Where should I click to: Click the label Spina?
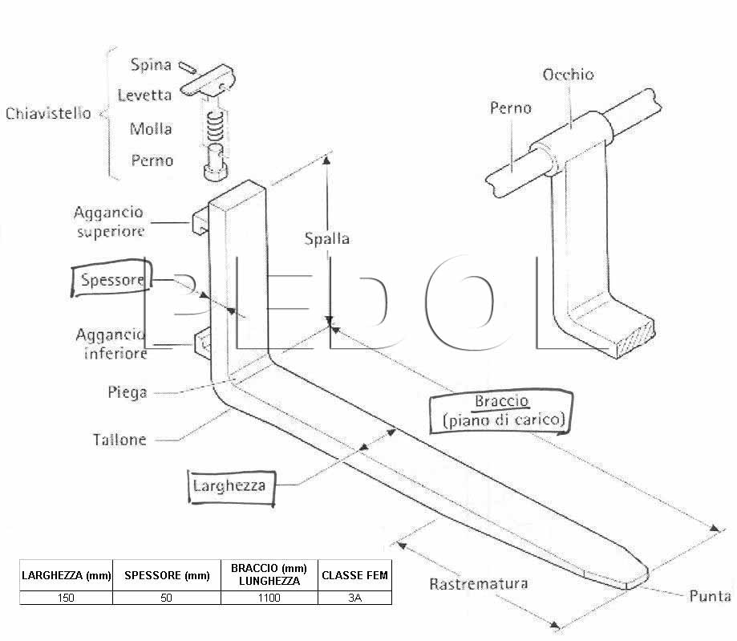click(x=151, y=64)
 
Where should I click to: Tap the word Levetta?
click(x=144, y=95)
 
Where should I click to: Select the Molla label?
click(x=151, y=128)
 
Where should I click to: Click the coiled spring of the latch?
click(x=215, y=127)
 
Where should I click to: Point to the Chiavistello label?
click(x=48, y=113)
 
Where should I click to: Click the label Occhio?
click(x=568, y=75)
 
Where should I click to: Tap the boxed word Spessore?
click(x=111, y=279)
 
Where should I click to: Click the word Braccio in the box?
click(x=502, y=401)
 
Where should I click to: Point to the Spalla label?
click(x=327, y=238)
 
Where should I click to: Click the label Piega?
click(x=128, y=391)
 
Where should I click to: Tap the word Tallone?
click(x=119, y=440)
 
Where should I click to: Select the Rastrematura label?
click(x=479, y=583)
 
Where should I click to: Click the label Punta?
click(x=710, y=596)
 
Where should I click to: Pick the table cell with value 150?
click(x=66, y=598)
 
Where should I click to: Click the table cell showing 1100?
click(x=269, y=598)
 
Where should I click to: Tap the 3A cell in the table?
click(x=355, y=598)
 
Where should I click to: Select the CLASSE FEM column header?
click(x=355, y=575)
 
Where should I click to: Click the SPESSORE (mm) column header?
click(x=167, y=575)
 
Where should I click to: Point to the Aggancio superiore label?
click(x=109, y=221)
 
